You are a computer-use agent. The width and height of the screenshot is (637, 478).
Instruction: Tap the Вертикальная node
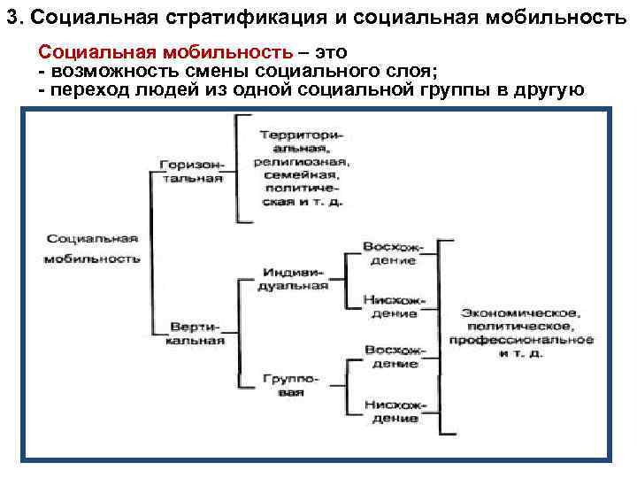pos(197,334)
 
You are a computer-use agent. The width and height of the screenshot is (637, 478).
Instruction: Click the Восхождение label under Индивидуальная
pos(395,252)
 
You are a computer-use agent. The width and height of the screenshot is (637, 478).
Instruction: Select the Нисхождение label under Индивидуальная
pos(395,305)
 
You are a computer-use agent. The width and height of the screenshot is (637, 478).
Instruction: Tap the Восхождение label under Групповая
pos(395,356)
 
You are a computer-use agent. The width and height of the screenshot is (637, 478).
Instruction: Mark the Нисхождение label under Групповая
pos(395,411)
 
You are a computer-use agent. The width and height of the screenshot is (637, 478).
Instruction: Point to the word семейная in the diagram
pos(299,175)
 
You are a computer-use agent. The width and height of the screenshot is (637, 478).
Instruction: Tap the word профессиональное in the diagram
pos(521,340)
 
